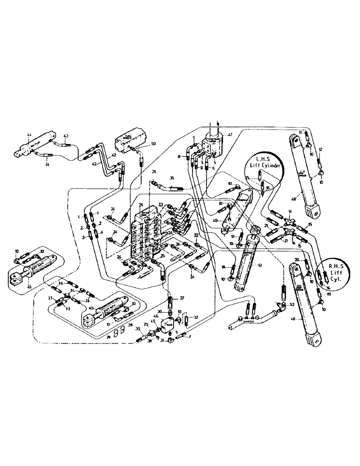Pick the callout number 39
(x=138, y=329)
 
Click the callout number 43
(x=66, y=136)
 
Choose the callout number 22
(x=196, y=235)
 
